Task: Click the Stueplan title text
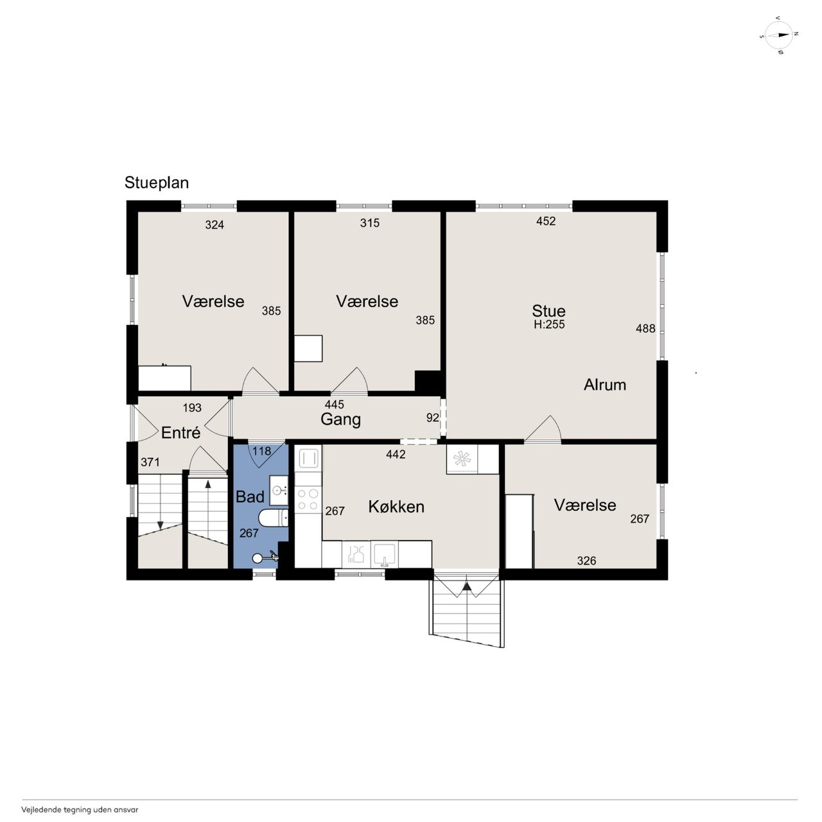[x=157, y=183]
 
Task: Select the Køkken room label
[x=396, y=507]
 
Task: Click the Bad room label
[x=250, y=496]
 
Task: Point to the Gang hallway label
[x=340, y=420]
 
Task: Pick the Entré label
[x=181, y=433]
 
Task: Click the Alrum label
[x=605, y=385]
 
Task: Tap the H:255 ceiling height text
[x=550, y=324]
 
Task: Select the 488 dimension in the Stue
[x=645, y=328]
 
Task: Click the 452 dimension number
[x=546, y=221]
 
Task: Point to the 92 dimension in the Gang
[x=433, y=417]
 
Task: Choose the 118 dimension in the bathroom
[x=261, y=451]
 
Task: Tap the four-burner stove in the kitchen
[x=308, y=500]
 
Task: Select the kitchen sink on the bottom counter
[x=384, y=554]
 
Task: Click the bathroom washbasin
[x=279, y=491]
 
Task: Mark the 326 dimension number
[x=586, y=561]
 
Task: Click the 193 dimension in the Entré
[x=192, y=408]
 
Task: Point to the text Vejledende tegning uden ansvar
[x=80, y=810]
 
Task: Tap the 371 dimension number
[x=150, y=462]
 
